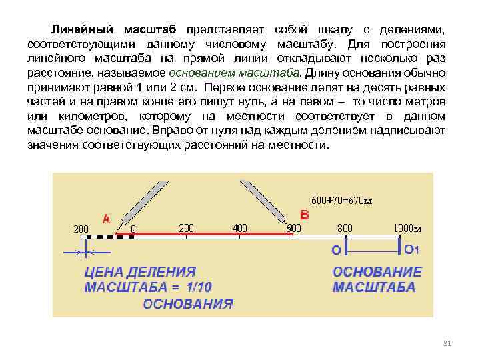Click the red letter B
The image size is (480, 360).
pos(305,215)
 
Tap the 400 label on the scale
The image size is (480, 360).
pos(239,227)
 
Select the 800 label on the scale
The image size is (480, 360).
pos(345,227)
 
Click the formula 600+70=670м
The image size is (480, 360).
pos(341,200)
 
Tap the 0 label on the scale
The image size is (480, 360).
pos(133,229)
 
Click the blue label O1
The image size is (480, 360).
pos(411,249)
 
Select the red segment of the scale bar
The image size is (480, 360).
pos(207,234)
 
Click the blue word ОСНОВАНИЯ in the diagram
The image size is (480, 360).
pos(188,303)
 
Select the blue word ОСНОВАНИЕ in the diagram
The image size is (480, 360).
pos(377,273)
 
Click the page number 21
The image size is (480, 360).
pos(447,343)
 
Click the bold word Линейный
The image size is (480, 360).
pos(84,30)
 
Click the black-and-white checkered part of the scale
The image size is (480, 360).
pos(100,236)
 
